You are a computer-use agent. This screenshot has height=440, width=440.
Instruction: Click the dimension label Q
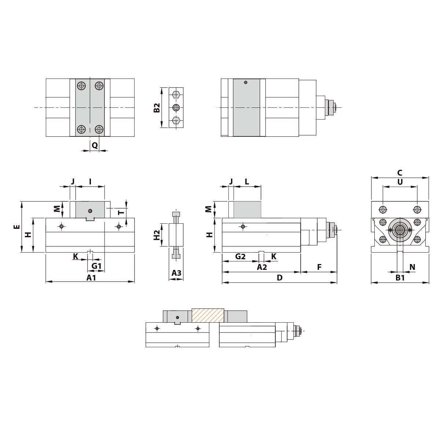pyautogui.click(x=95, y=145)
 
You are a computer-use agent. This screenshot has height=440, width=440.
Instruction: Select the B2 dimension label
pyautogui.click(x=157, y=108)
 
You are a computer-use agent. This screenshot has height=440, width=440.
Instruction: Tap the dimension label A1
pyautogui.click(x=91, y=278)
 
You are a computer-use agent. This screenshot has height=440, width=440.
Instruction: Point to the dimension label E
pyautogui.click(x=17, y=227)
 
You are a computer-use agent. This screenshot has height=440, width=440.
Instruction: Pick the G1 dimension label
pyautogui.click(x=96, y=266)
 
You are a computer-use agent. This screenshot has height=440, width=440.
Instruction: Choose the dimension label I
pyautogui.click(x=90, y=182)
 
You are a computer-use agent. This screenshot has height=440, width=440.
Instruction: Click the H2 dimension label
pyautogui.click(x=157, y=235)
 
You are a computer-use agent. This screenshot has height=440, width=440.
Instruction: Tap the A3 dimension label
pyautogui.click(x=176, y=273)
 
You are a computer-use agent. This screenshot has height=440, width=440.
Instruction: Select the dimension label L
pyautogui.click(x=247, y=182)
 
